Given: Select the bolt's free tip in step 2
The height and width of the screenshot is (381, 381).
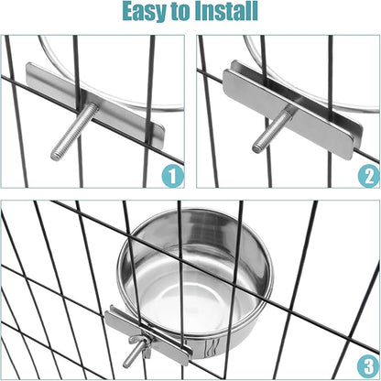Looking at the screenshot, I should (256, 148).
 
